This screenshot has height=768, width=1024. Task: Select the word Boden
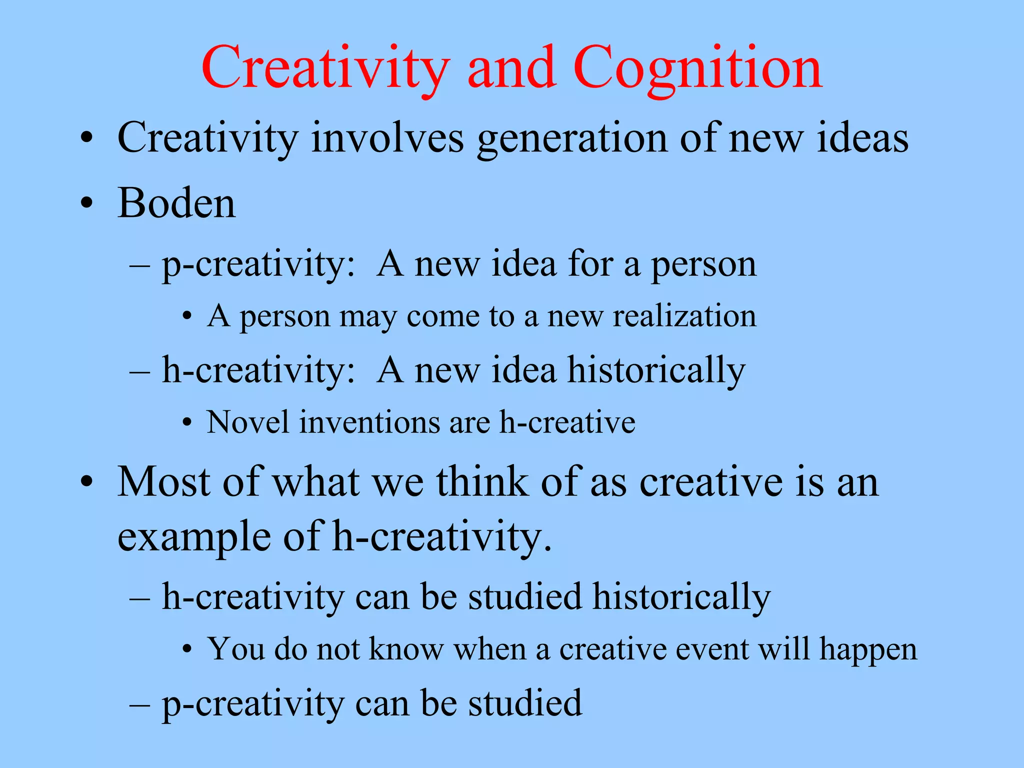176,203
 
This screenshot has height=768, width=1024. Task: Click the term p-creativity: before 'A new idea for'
258,265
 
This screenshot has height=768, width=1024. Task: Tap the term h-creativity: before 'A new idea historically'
258,370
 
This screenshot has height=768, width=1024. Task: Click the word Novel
248,422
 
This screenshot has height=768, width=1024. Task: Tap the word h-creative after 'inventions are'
567,422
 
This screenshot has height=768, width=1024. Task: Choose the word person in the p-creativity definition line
703,265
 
